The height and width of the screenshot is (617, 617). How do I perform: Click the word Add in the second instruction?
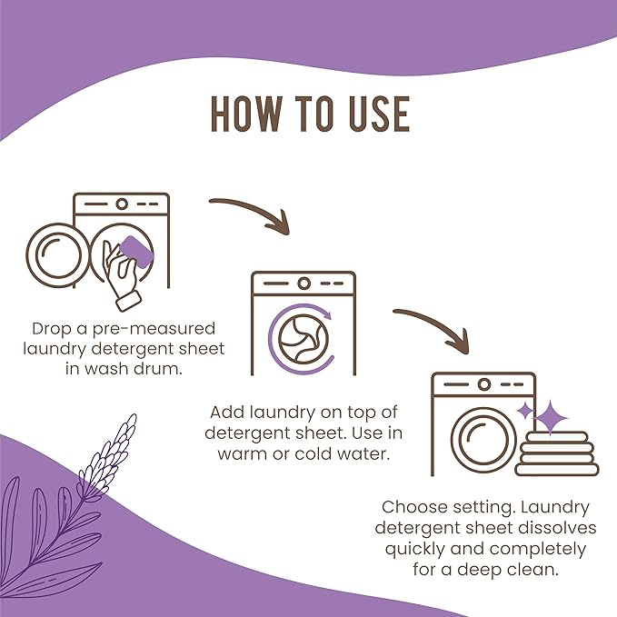(x=227, y=411)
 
